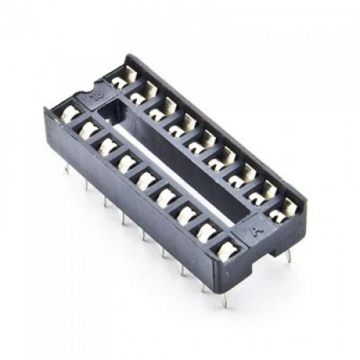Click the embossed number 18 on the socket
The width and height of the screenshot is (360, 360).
pos(95,96)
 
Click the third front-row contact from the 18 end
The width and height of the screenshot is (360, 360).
pos(108,146)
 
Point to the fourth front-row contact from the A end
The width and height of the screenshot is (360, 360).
pos(166,197)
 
